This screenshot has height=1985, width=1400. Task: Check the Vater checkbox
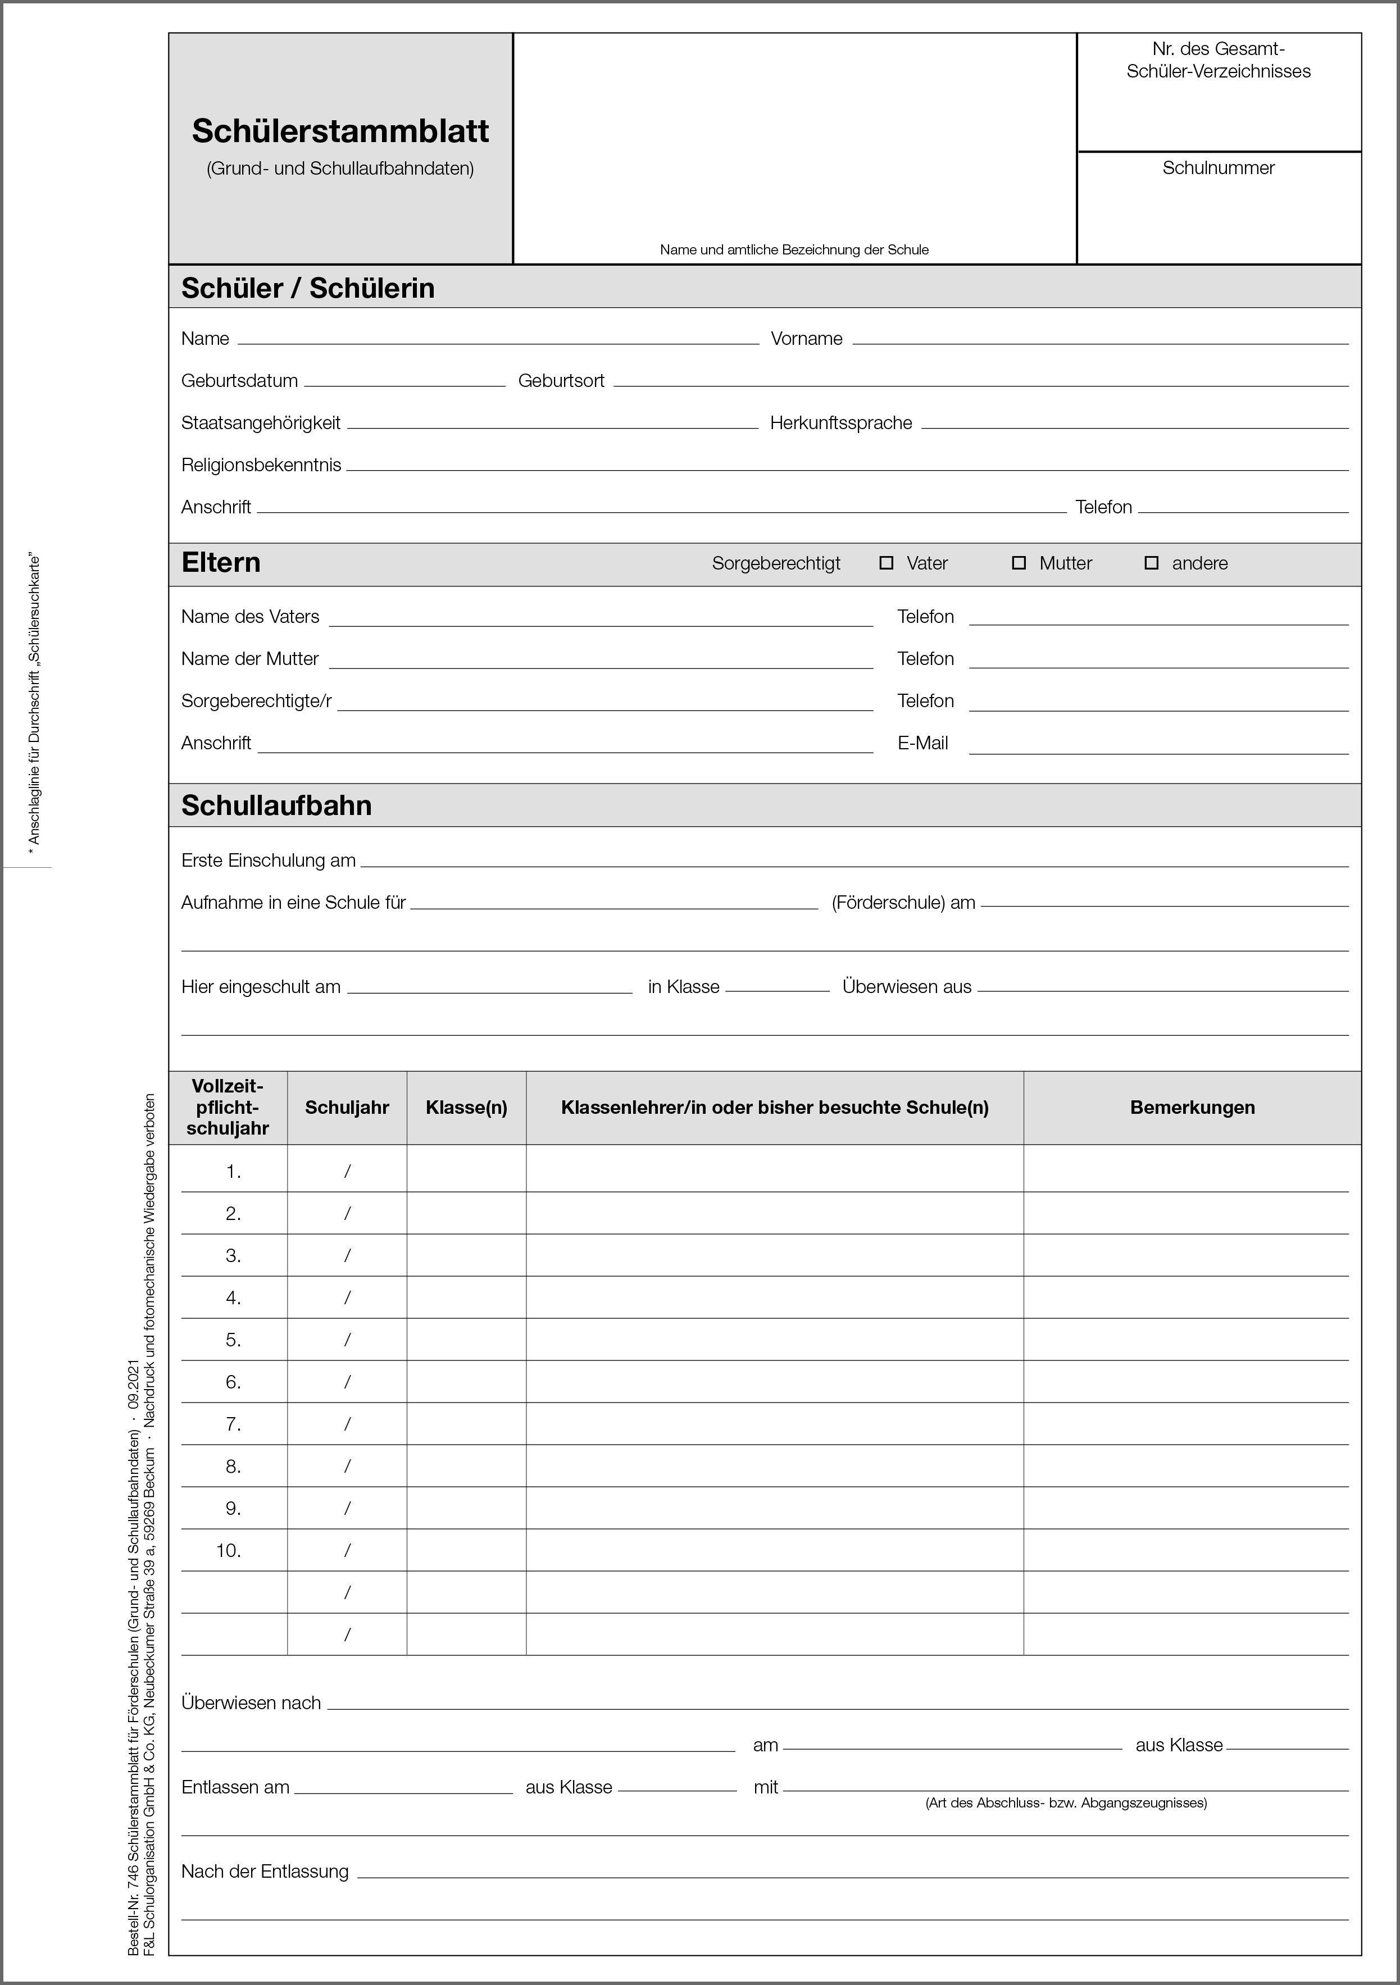click(885, 563)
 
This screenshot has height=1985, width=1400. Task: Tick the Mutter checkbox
click(1019, 563)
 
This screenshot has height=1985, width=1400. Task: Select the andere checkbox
click(1151, 563)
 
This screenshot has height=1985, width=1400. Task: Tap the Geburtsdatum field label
click(239, 380)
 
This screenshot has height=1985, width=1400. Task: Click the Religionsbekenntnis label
click(261, 465)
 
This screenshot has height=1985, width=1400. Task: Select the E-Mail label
click(922, 743)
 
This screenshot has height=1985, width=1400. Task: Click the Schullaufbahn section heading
click(277, 805)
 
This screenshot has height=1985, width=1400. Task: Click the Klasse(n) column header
click(466, 1108)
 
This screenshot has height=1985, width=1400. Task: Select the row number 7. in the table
click(233, 1424)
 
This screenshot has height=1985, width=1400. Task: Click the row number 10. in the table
click(228, 1550)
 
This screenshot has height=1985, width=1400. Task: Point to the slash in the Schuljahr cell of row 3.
click(347, 1255)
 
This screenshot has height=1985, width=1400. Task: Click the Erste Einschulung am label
click(268, 861)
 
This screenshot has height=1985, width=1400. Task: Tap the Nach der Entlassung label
click(265, 1872)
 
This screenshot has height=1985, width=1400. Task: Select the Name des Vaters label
click(250, 616)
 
